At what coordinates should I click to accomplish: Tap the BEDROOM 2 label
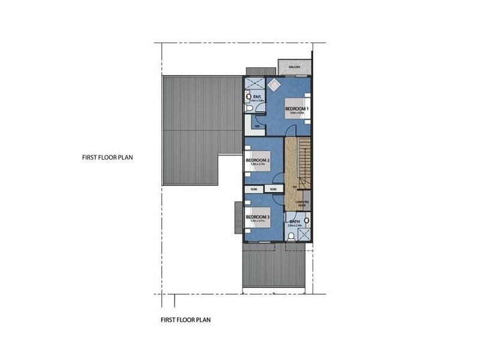tap(257, 161)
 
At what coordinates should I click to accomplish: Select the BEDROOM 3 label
tap(257, 217)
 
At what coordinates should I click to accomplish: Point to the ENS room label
tap(257, 97)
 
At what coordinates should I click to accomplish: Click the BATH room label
tap(295, 222)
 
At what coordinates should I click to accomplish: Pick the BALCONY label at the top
tap(295, 67)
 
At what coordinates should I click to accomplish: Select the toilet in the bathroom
tap(291, 236)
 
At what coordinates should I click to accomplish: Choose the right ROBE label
tap(274, 189)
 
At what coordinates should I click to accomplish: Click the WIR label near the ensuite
tap(257, 126)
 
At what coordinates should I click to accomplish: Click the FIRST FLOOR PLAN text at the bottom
tap(185, 320)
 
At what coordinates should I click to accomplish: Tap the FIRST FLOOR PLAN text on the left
tap(107, 158)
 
